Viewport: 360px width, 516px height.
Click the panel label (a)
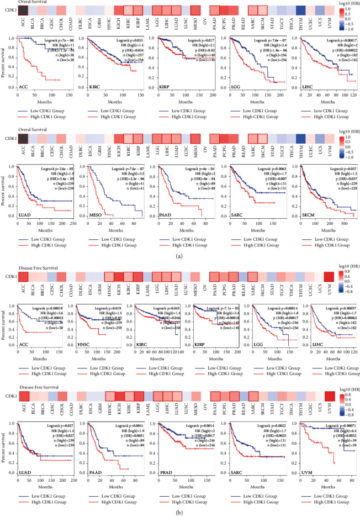tap(179, 256)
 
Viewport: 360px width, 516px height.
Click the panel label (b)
tap(179, 512)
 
